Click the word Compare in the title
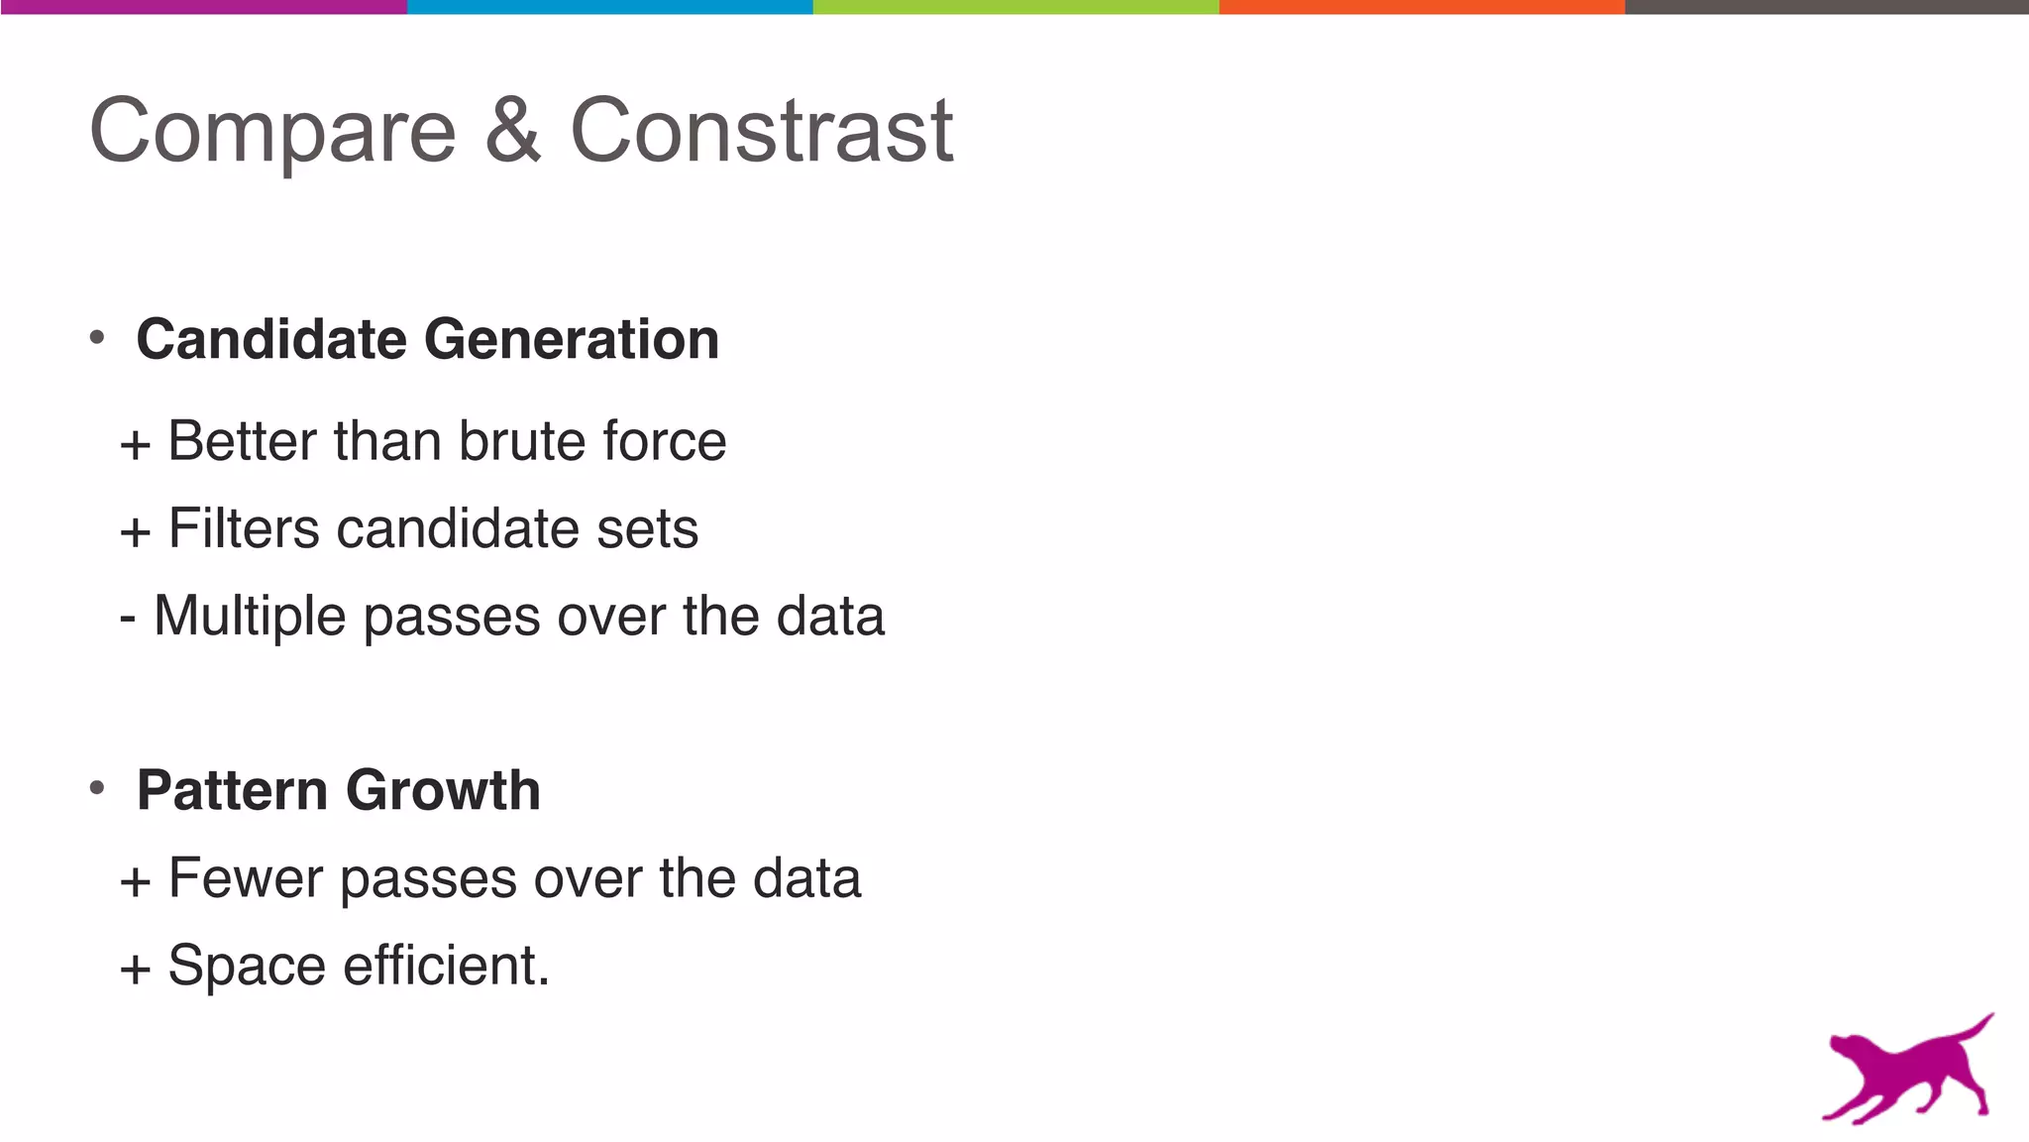[272, 132]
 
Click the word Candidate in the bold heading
[271, 339]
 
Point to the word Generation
[572, 339]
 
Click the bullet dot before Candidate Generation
[97, 338]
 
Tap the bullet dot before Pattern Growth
[97, 789]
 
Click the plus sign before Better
[135, 445]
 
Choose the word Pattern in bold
[232, 790]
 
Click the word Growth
[443, 790]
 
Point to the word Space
[247, 967]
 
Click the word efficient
[446, 966]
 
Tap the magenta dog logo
[1907, 1072]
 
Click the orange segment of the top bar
[1422, 7]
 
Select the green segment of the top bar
[1015, 7]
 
